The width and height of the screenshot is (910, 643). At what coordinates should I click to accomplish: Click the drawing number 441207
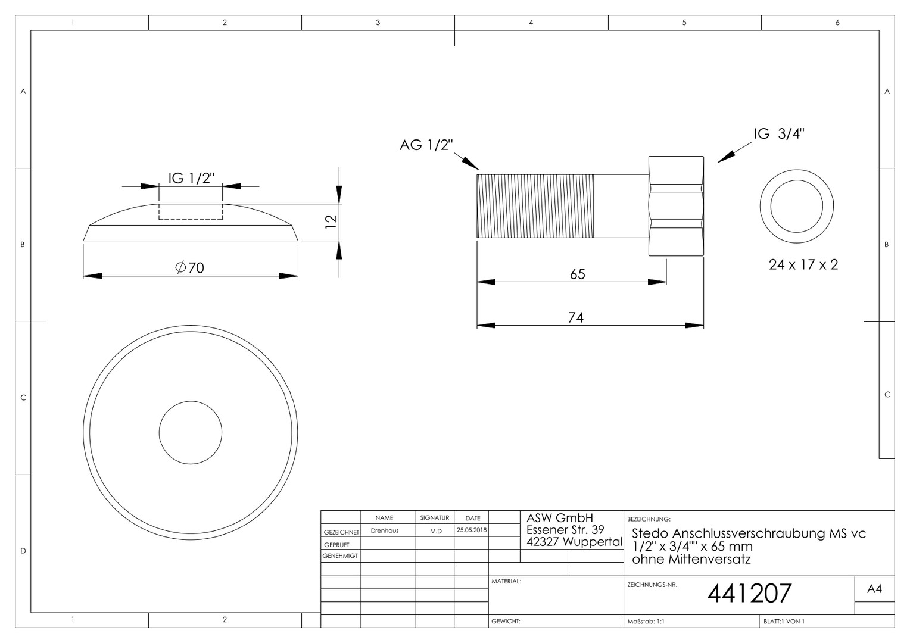(x=749, y=594)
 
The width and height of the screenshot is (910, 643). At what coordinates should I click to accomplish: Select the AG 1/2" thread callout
(x=426, y=145)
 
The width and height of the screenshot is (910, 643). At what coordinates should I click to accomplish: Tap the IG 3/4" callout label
(x=779, y=133)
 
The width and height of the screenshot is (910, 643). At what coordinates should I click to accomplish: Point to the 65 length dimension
(x=577, y=274)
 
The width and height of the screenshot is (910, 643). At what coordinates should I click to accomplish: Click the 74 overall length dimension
(x=576, y=317)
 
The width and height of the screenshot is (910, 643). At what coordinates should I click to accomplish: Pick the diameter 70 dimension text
(x=190, y=268)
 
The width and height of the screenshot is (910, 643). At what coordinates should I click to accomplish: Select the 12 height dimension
(x=331, y=222)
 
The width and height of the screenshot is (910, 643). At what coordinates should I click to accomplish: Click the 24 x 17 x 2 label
(x=803, y=265)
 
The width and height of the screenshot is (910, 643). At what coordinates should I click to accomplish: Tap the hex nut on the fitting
(x=676, y=206)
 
